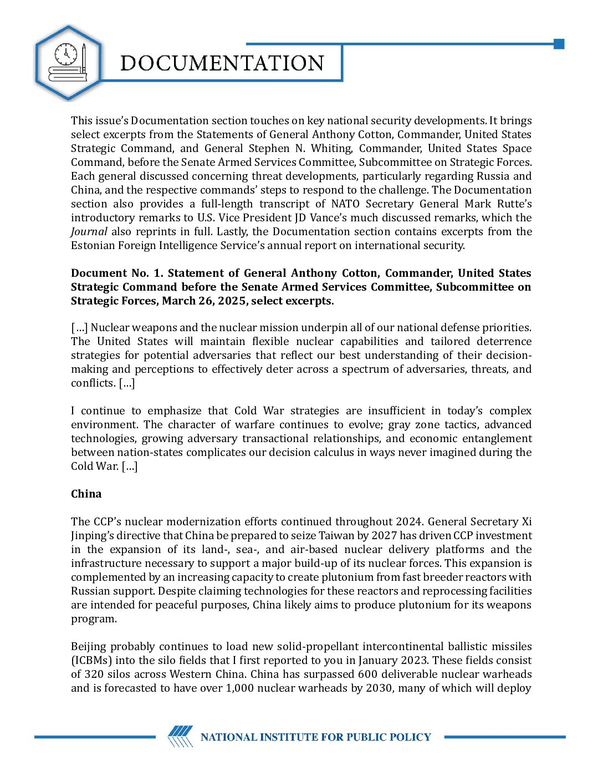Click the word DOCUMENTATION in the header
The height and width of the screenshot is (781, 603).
(x=222, y=63)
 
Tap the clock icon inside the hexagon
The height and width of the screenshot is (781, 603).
(x=66, y=54)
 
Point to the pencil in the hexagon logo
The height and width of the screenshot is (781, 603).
(x=84, y=58)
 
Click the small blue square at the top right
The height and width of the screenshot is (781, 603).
(x=559, y=44)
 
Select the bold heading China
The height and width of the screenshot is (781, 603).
(x=86, y=494)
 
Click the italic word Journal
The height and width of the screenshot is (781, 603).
(x=89, y=231)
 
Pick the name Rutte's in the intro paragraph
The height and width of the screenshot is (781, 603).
(x=514, y=204)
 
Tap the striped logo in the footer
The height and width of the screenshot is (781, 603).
(x=181, y=737)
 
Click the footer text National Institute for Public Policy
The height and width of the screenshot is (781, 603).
(x=315, y=737)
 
